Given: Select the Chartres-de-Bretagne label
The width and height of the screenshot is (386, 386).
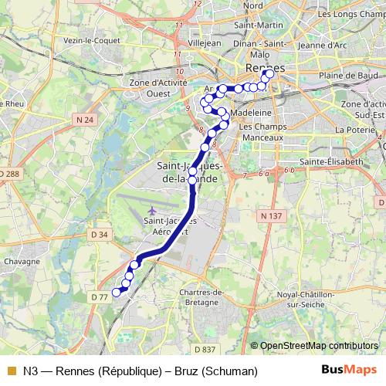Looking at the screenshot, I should (x=201, y=296).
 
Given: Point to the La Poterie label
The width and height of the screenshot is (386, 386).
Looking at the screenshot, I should (x=354, y=131).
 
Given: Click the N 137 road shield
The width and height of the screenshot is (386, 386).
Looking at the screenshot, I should (x=271, y=216).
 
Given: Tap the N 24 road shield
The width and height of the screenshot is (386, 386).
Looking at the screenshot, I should (x=85, y=120).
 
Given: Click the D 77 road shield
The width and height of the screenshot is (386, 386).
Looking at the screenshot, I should (x=98, y=296).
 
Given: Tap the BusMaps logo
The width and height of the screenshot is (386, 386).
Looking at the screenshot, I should (x=344, y=371).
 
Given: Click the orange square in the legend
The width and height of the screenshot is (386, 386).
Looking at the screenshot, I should (x=11, y=371).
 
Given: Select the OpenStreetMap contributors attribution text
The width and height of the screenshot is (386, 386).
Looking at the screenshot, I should (x=318, y=346).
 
